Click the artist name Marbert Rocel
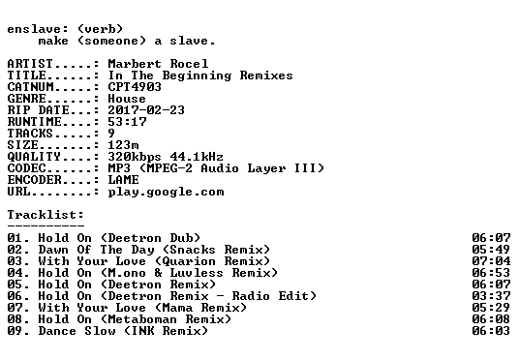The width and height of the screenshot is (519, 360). pos(158,64)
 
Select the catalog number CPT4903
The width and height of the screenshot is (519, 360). pos(135,87)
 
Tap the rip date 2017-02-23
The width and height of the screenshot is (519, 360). pos(146,110)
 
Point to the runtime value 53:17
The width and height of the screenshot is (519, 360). pos(127,121)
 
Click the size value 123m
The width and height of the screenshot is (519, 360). pos(124,144)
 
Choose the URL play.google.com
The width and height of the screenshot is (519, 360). pos(166,192)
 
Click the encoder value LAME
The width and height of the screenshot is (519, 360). pos(124,180)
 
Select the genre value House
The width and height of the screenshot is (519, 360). pos(127,99)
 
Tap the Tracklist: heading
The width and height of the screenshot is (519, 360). pos(46,215)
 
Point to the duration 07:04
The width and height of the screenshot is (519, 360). pos(491,260)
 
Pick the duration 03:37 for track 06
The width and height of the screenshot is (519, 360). pos(491,295)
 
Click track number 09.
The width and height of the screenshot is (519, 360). pos(15,331)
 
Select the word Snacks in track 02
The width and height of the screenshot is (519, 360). pos(193,249)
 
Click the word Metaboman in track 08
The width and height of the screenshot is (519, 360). pos(142,319)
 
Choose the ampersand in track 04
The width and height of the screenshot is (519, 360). pos(158,272)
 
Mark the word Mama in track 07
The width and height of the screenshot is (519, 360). pos(177,308)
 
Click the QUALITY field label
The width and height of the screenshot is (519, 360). pos(34,157)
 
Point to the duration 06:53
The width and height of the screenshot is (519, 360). pos(491,272)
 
